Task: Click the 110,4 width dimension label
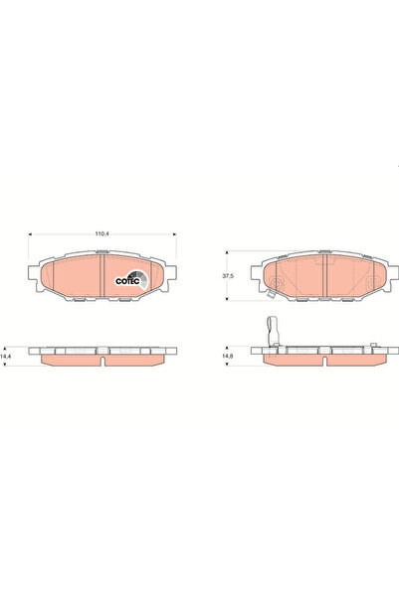101,234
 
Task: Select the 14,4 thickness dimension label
7,356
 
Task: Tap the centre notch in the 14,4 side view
102,360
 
